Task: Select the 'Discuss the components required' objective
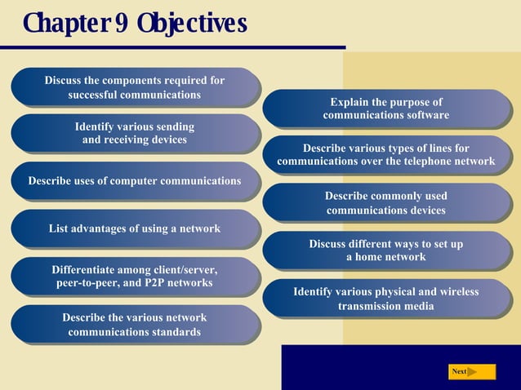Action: pyautogui.click(x=135, y=87)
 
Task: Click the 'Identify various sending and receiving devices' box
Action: pyautogui.click(x=135, y=134)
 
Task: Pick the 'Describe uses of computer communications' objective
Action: pyautogui.click(x=135, y=181)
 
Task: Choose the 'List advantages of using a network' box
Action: pyautogui.click(x=135, y=228)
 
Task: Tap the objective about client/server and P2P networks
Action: pyautogui.click(x=135, y=276)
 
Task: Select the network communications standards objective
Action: pyautogui.click(x=135, y=324)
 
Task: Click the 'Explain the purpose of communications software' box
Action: pyautogui.click(x=386, y=109)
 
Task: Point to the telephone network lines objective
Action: pyautogui.click(x=386, y=155)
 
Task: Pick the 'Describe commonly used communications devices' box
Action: pyautogui.click(x=386, y=203)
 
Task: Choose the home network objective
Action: pyautogui.click(x=386, y=250)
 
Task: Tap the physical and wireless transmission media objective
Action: pyautogui.click(x=386, y=299)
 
